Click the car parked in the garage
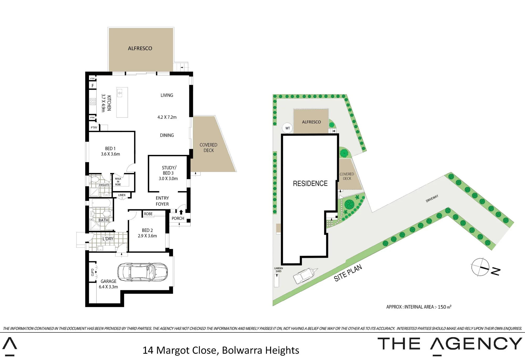(x=143, y=272)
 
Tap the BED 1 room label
(x=110, y=149)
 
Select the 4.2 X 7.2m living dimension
(x=167, y=117)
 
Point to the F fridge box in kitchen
(x=93, y=86)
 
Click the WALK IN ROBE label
(x=118, y=182)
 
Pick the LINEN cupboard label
(x=122, y=195)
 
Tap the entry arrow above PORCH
(x=181, y=212)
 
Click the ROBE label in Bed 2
(x=148, y=214)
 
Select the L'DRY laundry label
(x=108, y=239)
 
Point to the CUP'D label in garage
(x=92, y=272)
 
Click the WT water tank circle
(x=287, y=128)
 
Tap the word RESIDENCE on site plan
(x=310, y=184)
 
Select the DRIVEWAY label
(x=432, y=199)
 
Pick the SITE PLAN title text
(x=348, y=273)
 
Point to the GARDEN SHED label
(x=279, y=270)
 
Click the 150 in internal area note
(x=442, y=307)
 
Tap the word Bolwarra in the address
(x=243, y=350)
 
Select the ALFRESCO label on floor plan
(x=140, y=48)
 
